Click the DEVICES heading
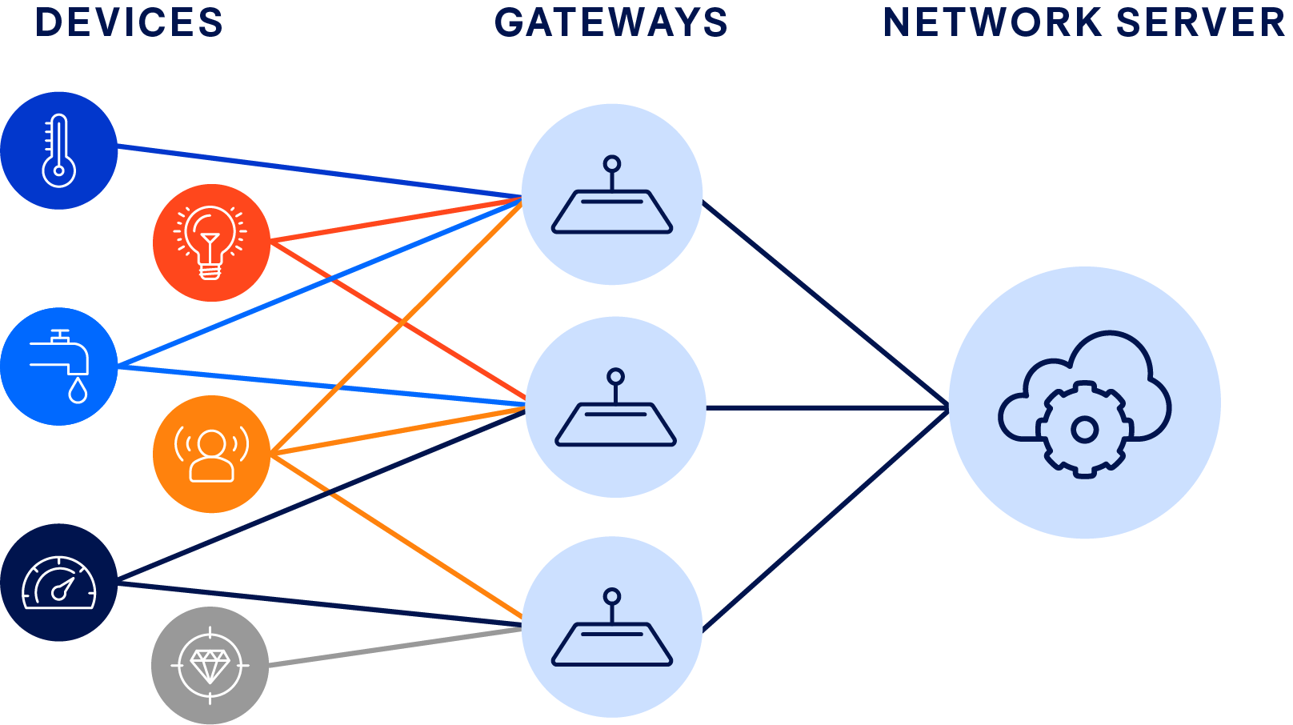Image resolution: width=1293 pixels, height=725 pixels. coord(129,22)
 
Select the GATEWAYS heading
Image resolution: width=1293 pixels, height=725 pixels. coord(611,22)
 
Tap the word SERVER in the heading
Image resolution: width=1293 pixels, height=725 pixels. coord(1200,22)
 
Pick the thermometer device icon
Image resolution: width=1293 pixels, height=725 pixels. coord(59,150)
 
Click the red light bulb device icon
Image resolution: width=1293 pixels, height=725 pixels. coord(211,242)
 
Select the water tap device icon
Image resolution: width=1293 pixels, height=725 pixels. coord(59,367)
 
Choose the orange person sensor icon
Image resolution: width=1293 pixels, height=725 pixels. coord(211,454)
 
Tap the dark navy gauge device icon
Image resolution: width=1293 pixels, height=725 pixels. coord(59,583)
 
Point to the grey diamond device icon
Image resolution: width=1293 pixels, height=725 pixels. coord(210,665)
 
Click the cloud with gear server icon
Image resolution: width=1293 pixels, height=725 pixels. coord(1084,403)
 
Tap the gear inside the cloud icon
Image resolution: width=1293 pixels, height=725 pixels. coord(1084,430)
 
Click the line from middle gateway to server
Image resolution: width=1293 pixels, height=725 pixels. coord(824,408)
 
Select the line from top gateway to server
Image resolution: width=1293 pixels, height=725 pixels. coord(824,304)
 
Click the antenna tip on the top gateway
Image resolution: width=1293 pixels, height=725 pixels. coord(612,164)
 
